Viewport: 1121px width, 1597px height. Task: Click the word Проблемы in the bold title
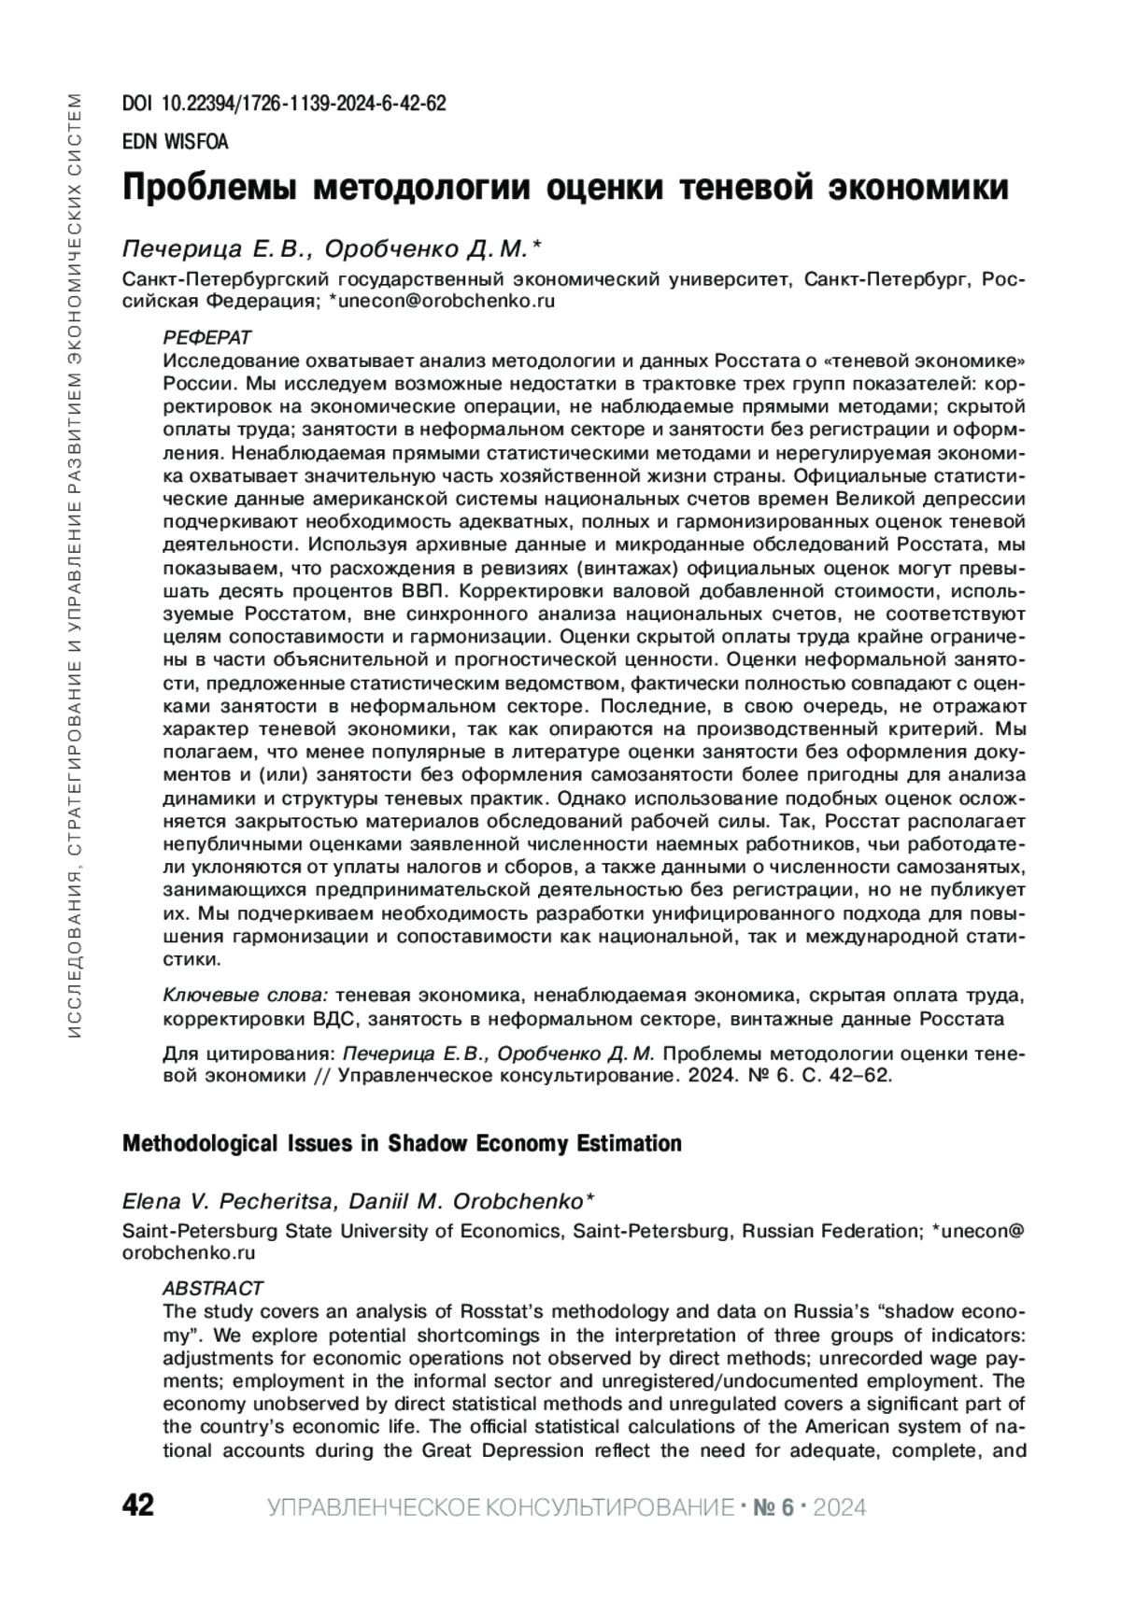click(209, 188)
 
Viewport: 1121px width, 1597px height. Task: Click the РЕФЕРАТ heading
click(206, 337)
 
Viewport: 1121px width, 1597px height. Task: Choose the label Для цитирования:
click(249, 1054)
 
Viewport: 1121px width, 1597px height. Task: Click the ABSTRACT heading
click(213, 1288)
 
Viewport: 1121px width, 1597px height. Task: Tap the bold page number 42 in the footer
click(138, 1505)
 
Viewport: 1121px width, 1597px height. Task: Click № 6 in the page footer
click(772, 1506)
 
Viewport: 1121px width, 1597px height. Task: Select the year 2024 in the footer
click(840, 1506)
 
